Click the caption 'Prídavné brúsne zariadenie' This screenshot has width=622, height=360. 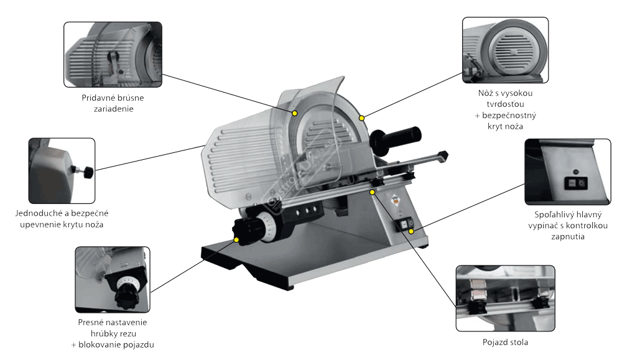click(x=113, y=103)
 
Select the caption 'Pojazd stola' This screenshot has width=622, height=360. click(x=505, y=342)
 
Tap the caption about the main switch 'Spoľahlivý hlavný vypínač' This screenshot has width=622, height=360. click(x=568, y=220)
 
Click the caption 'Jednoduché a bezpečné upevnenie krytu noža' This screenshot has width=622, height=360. click(x=62, y=219)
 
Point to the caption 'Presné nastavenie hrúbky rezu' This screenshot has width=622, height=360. click(x=113, y=328)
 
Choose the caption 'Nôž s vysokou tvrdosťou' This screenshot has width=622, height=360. click(x=505, y=98)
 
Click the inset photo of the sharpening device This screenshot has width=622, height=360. click(x=113, y=55)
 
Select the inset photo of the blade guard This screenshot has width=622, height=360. click(x=505, y=50)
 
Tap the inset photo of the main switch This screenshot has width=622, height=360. click(x=568, y=172)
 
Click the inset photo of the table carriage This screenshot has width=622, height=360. click(x=505, y=298)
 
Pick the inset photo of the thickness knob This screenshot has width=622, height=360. click(x=113, y=280)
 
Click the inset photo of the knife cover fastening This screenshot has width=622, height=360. click(x=62, y=171)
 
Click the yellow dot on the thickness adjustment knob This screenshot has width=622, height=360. click(x=236, y=240)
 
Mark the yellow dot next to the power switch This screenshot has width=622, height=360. click(x=411, y=231)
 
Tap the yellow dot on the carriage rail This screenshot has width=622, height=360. click(x=372, y=192)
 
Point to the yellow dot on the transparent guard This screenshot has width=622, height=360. click(x=295, y=113)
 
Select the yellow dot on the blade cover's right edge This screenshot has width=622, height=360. click(x=361, y=118)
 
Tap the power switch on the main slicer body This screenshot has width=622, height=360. click(x=405, y=225)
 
